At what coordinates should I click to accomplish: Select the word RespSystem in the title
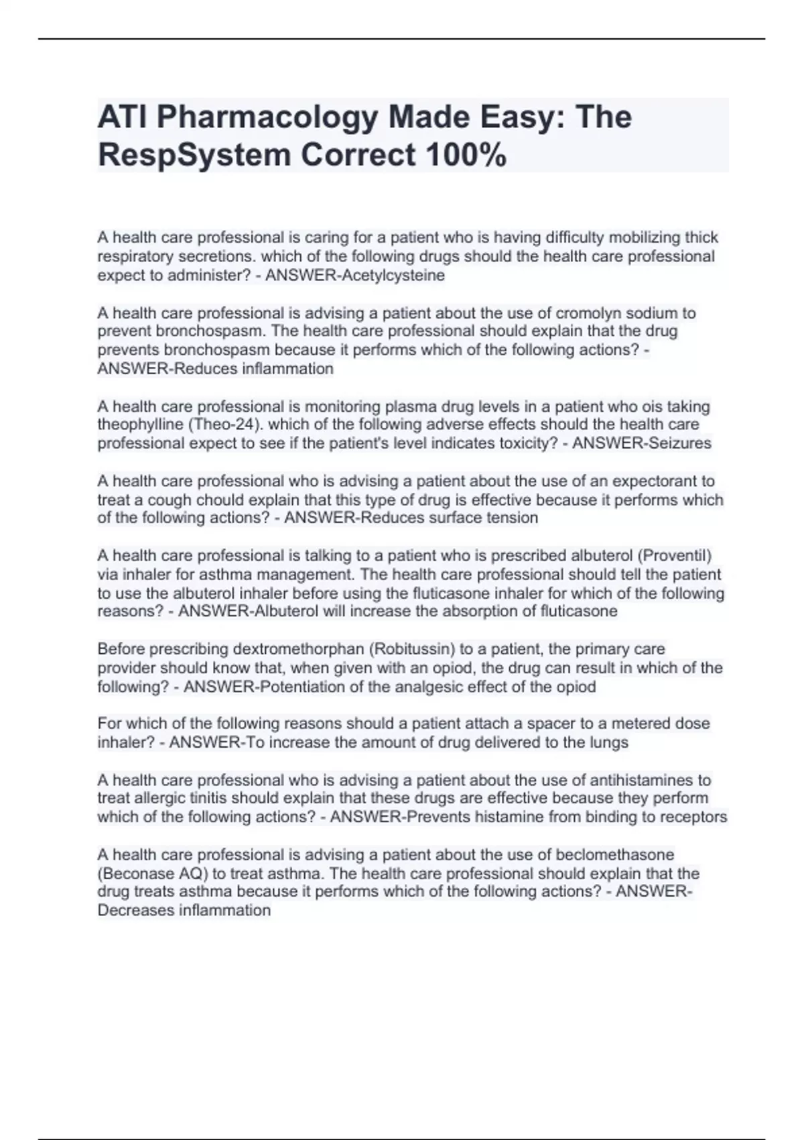pos(194,156)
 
